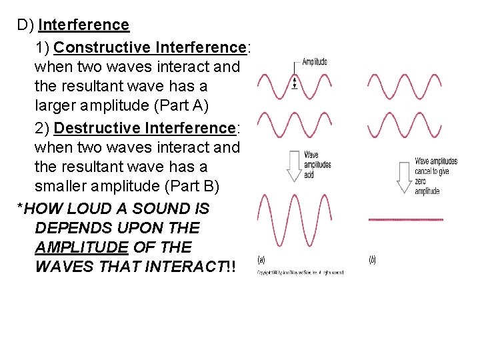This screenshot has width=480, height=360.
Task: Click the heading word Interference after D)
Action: click(x=84, y=25)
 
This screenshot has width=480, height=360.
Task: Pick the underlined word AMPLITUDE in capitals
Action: click(x=81, y=247)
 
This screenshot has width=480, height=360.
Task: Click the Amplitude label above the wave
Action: click(x=315, y=62)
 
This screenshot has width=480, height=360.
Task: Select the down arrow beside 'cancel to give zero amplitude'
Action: click(x=403, y=177)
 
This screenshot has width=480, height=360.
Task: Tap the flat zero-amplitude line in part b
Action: click(x=405, y=219)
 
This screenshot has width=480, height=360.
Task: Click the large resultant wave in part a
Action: click(x=293, y=220)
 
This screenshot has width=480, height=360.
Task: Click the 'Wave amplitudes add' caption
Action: click(x=317, y=164)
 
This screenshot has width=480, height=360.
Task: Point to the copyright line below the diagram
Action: click(x=300, y=273)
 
